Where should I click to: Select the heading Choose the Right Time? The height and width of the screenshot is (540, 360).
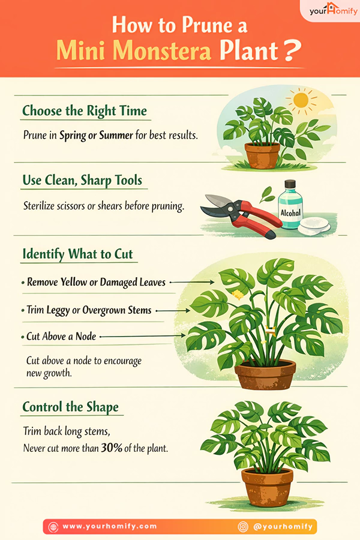(84, 111)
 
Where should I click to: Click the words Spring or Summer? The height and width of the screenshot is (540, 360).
(96, 136)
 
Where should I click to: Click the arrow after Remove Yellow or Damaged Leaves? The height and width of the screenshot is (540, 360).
(194, 281)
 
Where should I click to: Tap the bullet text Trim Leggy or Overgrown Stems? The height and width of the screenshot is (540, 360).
(89, 310)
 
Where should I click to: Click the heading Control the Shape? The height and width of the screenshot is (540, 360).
(70, 407)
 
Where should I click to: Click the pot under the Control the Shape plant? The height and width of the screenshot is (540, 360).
(267, 488)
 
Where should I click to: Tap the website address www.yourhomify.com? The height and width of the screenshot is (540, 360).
(109, 526)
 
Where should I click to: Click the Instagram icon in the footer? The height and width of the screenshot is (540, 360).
(243, 526)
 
